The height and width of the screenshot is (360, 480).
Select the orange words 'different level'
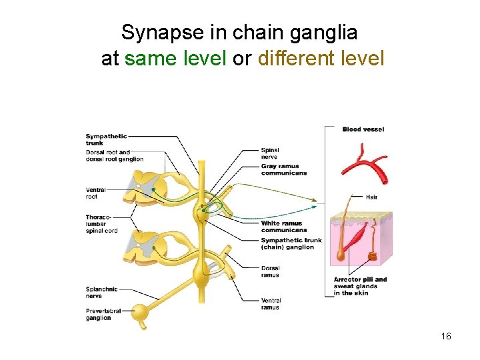(x=321, y=59)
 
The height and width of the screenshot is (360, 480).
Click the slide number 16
(x=446, y=336)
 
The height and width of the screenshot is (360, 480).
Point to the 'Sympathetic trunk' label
(x=106, y=139)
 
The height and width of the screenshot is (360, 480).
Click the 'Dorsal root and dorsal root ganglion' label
(x=114, y=155)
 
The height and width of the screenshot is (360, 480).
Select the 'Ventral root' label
(x=96, y=193)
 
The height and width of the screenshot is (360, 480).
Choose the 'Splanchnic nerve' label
(x=102, y=292)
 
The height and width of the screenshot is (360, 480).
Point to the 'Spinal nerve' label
(x=270, y=153)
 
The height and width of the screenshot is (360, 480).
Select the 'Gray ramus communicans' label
(x=284, y=169)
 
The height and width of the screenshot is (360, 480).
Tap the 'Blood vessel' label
(x=363, y=129)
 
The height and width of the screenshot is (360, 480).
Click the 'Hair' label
(x=372, y=197)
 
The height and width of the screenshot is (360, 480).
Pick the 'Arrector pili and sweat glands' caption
(x=360, y=286)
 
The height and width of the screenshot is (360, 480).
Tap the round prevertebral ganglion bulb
(x=140, y=311)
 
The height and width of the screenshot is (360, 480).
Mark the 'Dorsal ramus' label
(x=271, y=271)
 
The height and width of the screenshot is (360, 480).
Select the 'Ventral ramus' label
(x=271, y=304)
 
